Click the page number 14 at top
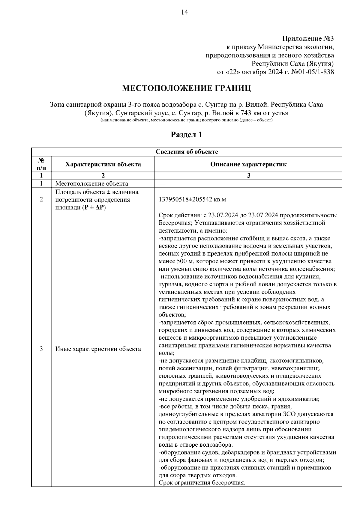click(x=184, y=12)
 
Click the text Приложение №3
click(x=308, y=39)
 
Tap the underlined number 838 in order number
click(x=329, y=72)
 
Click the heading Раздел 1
click(x=186, y=135)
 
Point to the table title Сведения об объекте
click(x=187, y=152)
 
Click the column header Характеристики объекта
click(x=103, y=164)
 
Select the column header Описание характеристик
click(x=248, y=164)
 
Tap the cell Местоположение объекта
click(x=91, y=183)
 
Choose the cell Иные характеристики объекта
click(x=98, y=349)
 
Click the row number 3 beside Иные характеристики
click(x=41, y=349)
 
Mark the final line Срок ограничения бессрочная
click(x=202, y=483)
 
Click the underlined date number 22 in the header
click(x=232, y=72)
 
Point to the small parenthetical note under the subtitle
click(x=186, y=120)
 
